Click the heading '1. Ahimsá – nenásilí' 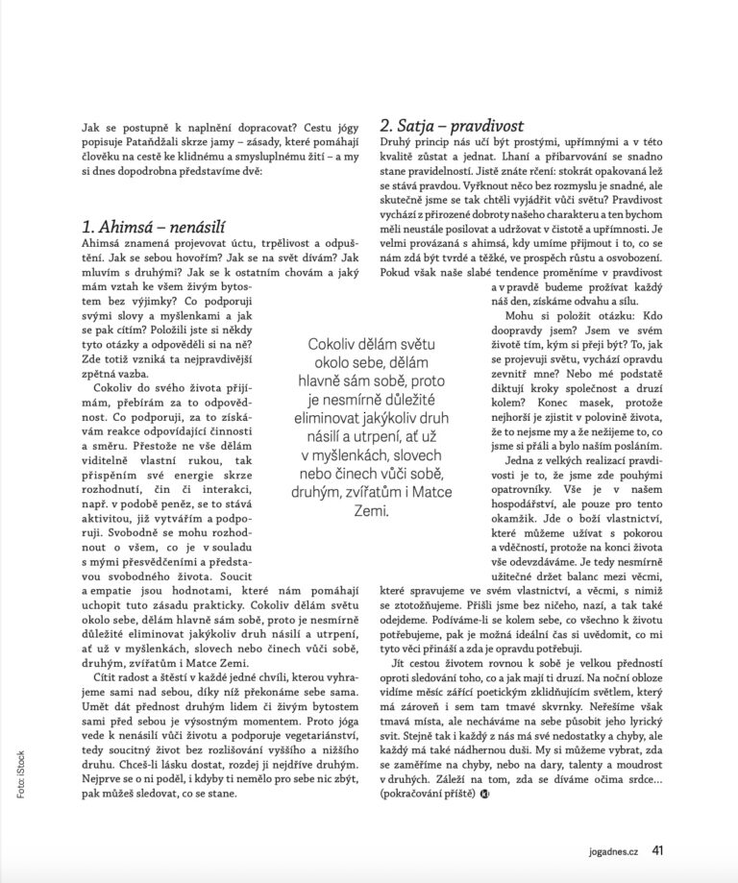(153, 228)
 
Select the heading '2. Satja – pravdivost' (451, 125)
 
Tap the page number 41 (658, 849)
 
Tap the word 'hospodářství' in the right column (529, 531)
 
